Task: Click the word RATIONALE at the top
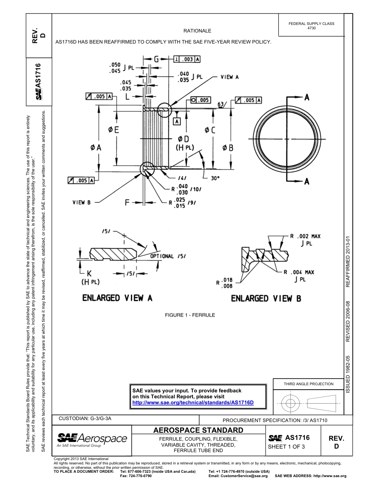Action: (197, 30)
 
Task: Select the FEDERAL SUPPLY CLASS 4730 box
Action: (311, 26)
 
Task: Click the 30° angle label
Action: (215, 178)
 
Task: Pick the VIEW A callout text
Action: (230, 77)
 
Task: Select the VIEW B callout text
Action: (82, 202)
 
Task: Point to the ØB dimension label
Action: (228, 147)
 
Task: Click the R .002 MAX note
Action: (305, 236)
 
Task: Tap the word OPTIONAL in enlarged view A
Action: (162, 256)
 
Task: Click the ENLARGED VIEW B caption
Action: (266, 298)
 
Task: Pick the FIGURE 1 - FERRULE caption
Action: (190, 315)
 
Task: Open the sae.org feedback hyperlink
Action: (192, 402)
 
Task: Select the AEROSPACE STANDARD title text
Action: (198, 430)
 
